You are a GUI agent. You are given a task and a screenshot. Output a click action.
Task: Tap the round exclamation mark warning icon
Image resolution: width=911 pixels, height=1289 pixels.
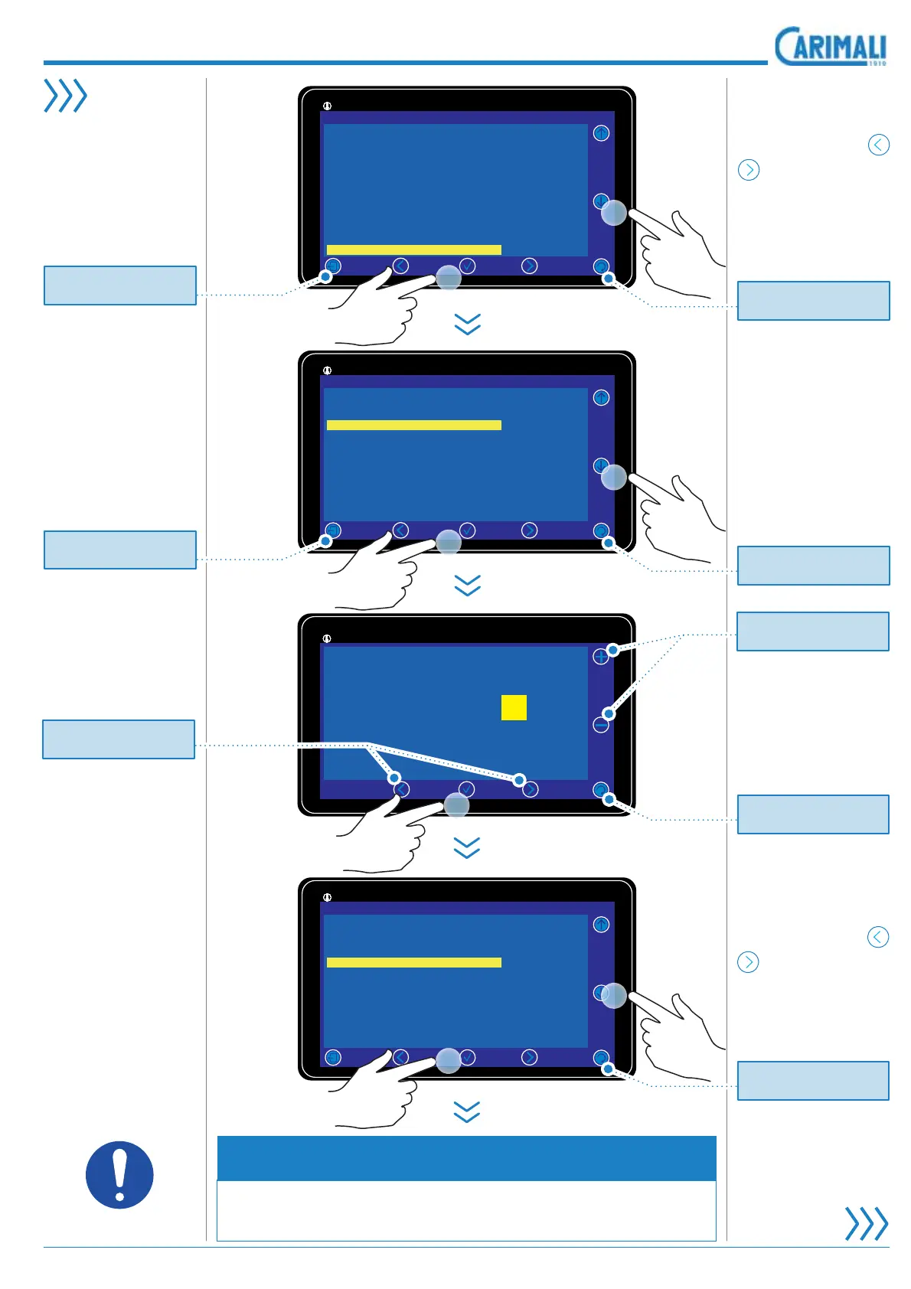click(x=119, y=1174)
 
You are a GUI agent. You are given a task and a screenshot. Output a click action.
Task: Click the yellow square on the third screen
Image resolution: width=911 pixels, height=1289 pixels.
click(x=514, y=707)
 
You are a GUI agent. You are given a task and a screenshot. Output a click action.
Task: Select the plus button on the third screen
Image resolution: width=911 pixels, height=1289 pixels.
click(x=601, y=657)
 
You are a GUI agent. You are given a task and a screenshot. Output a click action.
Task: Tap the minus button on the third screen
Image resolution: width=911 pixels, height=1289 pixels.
click(x=601, y=724)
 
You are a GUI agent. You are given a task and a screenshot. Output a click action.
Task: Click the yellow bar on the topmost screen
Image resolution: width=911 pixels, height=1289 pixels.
click(x=413, y=250)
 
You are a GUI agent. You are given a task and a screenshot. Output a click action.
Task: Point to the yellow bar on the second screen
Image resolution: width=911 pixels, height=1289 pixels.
click(x=413, y=425)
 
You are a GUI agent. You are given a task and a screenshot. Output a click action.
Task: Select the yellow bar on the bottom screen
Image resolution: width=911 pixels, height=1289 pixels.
click(x=413, y=962)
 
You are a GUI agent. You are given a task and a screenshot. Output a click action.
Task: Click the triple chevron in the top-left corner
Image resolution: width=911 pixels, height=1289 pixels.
click(x=65, y=96)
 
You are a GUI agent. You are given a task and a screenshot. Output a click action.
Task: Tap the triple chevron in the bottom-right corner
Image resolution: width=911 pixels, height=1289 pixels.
click(x=866, y=1223)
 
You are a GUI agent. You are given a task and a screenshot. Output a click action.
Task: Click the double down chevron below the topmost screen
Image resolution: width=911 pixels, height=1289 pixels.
click(x=467, y=325)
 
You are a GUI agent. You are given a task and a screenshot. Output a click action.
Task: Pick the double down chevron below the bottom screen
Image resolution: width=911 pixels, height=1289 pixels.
click(x=467, y=1112)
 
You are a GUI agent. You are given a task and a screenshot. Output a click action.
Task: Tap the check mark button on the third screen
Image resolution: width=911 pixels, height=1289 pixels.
click(x=466, y=789)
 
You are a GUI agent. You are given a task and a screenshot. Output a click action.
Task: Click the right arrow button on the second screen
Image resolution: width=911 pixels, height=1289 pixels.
click(x=529, y=530)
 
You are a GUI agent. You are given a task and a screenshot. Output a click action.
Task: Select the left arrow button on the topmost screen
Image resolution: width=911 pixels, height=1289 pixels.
click(x=400, y=266)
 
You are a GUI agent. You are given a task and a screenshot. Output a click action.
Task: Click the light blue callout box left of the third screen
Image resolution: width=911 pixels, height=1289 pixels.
click(x=119, y=739)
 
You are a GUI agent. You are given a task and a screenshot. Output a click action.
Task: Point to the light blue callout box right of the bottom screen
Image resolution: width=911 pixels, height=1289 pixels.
click(x=813, y=1080)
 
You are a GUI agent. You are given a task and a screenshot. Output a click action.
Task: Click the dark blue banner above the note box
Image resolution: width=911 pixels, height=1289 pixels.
click(x=466, y=1158)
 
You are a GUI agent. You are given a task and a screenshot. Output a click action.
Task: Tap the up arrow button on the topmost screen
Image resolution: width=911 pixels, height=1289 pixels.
click(x=601, y=133)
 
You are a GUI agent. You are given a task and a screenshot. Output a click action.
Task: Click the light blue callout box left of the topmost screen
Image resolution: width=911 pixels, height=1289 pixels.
click(x=120, y=286)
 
